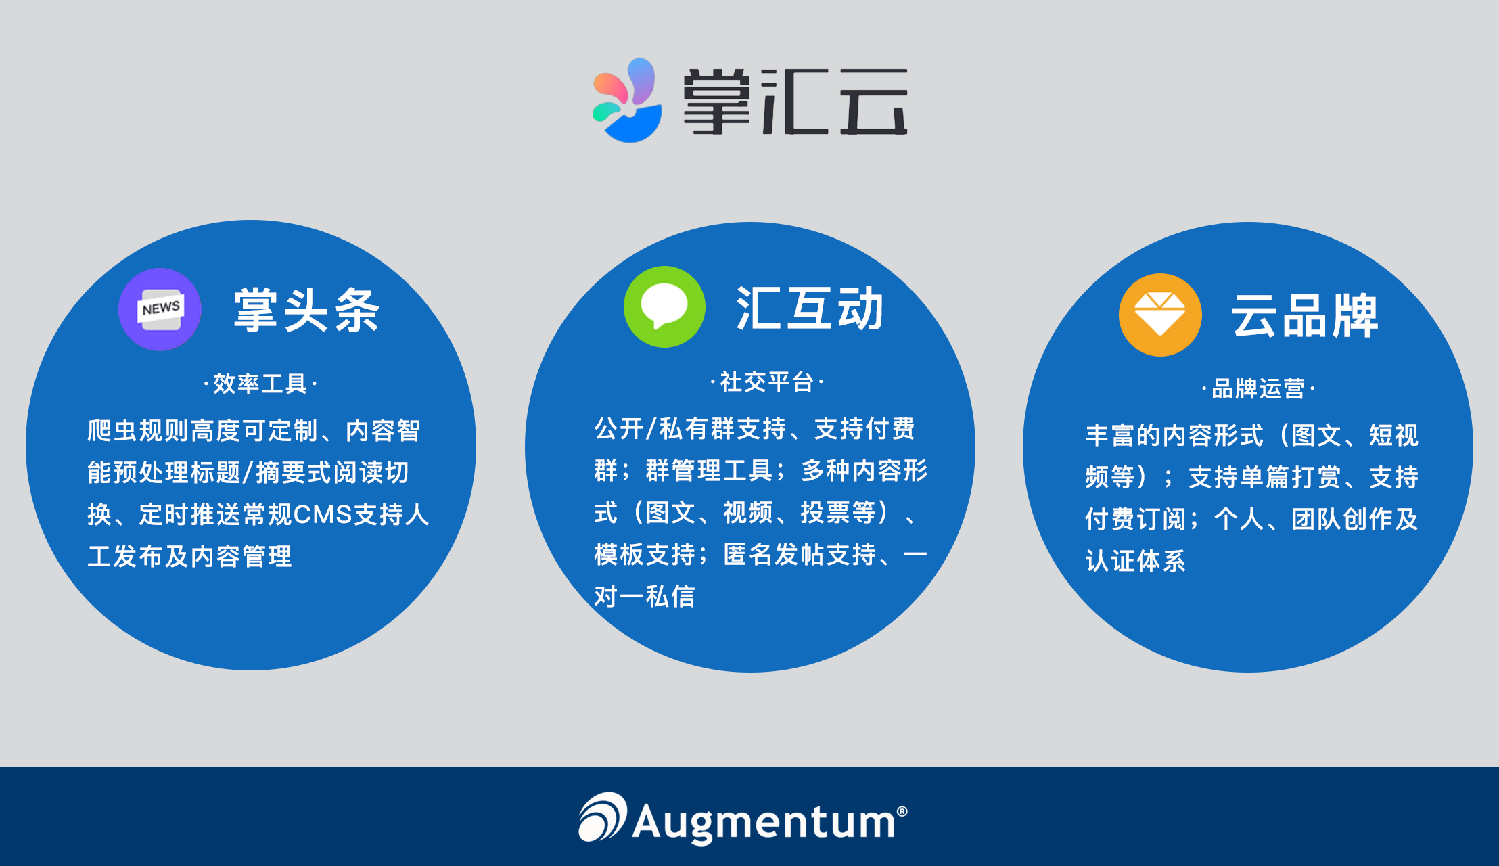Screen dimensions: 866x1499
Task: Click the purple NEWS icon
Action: click(x=160, y=310)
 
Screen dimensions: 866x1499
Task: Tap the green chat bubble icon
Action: click(x=664, y=307)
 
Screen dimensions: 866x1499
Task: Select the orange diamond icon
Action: click(x=1160, y=315)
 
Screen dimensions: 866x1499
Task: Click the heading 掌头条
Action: click(x=306, y=311)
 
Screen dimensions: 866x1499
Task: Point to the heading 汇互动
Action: click(x=810, y=309)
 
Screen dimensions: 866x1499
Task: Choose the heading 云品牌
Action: click(x=1304, y=316)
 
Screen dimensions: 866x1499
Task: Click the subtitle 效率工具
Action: click(x=260, y=384)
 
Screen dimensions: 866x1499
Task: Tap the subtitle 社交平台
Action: click(x=766, y=382)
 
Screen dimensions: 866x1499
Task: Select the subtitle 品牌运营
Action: click(x=1258, y=389)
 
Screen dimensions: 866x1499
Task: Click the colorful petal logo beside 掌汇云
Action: click(x=627, y=101)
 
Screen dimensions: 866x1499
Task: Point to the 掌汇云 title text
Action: click(x=795, y=101)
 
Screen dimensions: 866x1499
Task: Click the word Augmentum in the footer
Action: click(x=764, y=822)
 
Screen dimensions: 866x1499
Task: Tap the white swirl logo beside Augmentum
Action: click(x=602, y=817)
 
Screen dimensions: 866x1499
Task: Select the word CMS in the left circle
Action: click(x=323, y=515)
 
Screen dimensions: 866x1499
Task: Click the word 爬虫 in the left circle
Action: click(x=112, y=431)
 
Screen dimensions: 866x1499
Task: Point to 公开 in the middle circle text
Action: click(x=619, y=429)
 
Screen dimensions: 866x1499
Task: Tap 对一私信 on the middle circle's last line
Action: click(x=645, y=597)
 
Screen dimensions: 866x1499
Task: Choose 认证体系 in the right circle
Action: click(x=1136, y=562)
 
